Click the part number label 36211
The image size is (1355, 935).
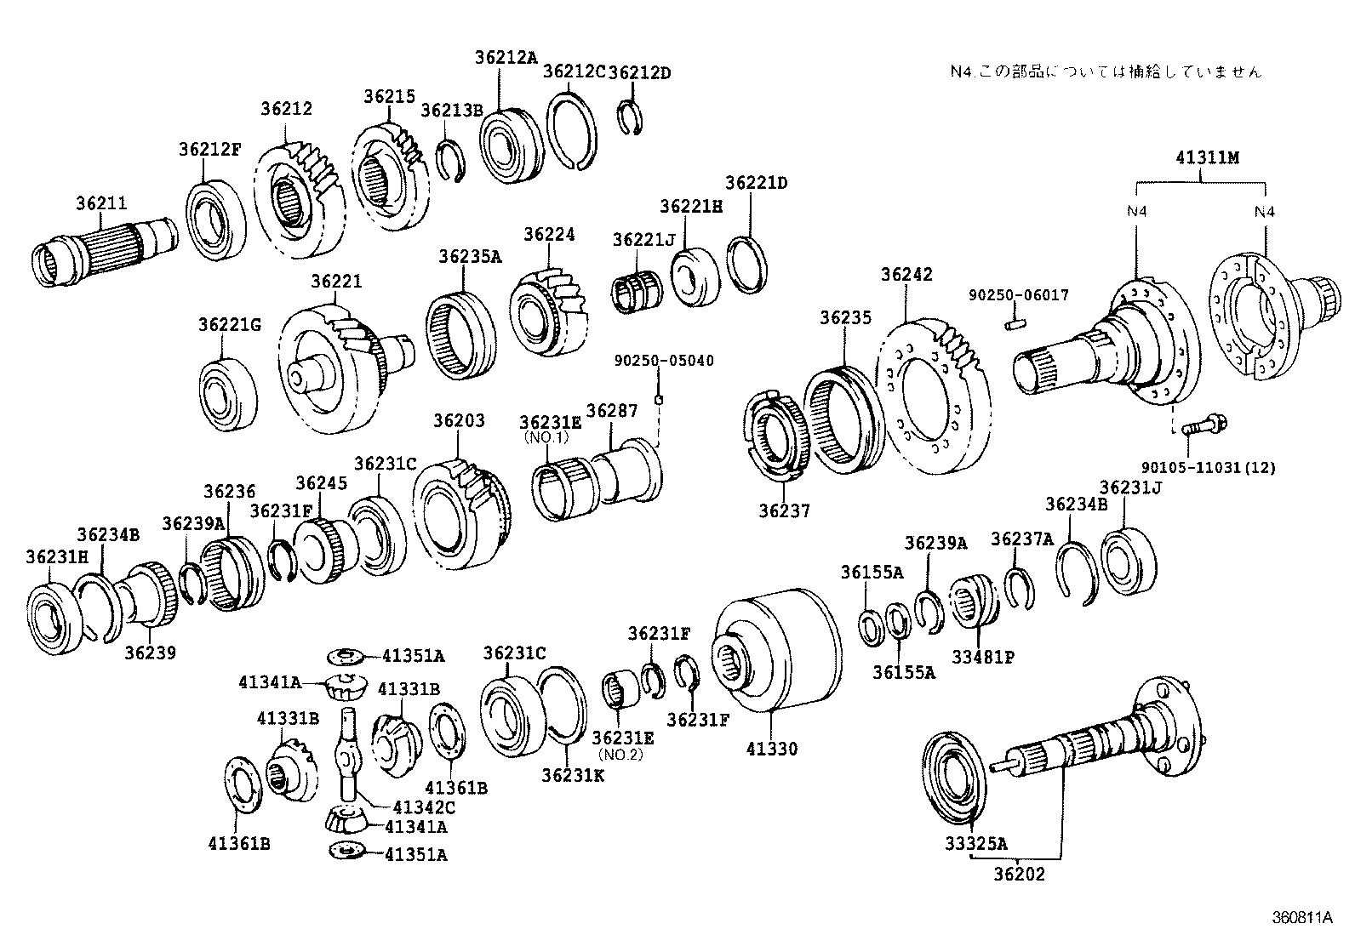click(101, 203)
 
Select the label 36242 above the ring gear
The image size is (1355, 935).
click(906, 275)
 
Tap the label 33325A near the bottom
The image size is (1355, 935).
click(975, 843)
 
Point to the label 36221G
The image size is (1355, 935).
click(230, 325)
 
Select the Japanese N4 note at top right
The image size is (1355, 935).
click(1106, 71)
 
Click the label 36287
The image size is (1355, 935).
click(611, 412)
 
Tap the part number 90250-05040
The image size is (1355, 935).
click(664, 361)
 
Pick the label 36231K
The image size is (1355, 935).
click(572, 775)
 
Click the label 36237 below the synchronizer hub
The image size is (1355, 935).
click(784, 510)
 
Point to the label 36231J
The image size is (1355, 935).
click(1130, 487)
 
